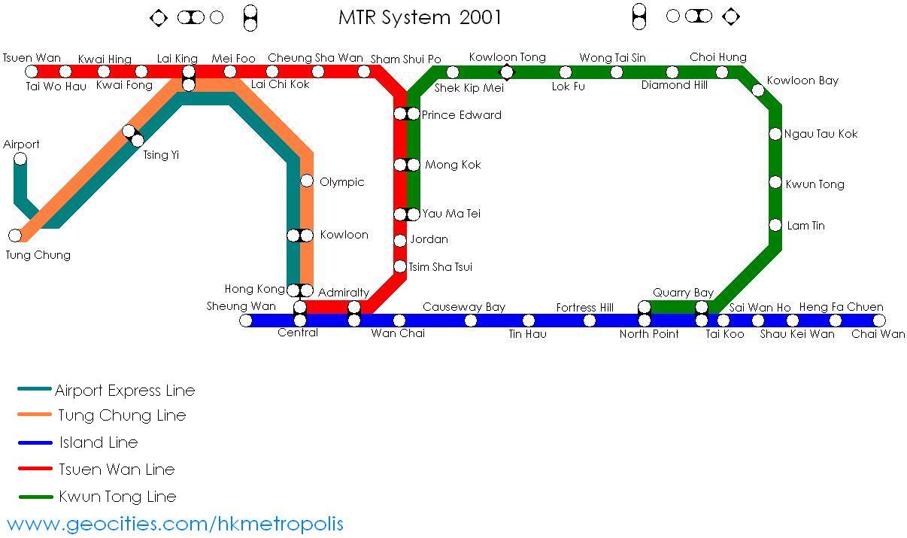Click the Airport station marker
(x=20, y=159)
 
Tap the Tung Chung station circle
(x=15, y=236)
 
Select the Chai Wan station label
(x=878, y=334)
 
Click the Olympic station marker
(x=307, y=181)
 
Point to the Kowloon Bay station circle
(x=758, y=91)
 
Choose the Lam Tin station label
(x=805, y=226)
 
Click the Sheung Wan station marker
(x=246, y=321)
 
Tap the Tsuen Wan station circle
(x=31, y=71)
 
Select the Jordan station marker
(x=400, y=241)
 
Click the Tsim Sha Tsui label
(x=440, y=267)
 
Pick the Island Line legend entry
(x=99, y=442)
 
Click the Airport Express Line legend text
(x=125, y=391)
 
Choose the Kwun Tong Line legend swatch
(x=35, y=497)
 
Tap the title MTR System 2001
(x=420, y=17)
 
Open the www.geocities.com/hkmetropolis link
(x=174, y=524)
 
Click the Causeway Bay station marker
(x=471, y=321)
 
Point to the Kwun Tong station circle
(x=775, y=182)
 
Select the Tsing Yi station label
(x=161, y=156)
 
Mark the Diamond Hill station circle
(x=672, y=72)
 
